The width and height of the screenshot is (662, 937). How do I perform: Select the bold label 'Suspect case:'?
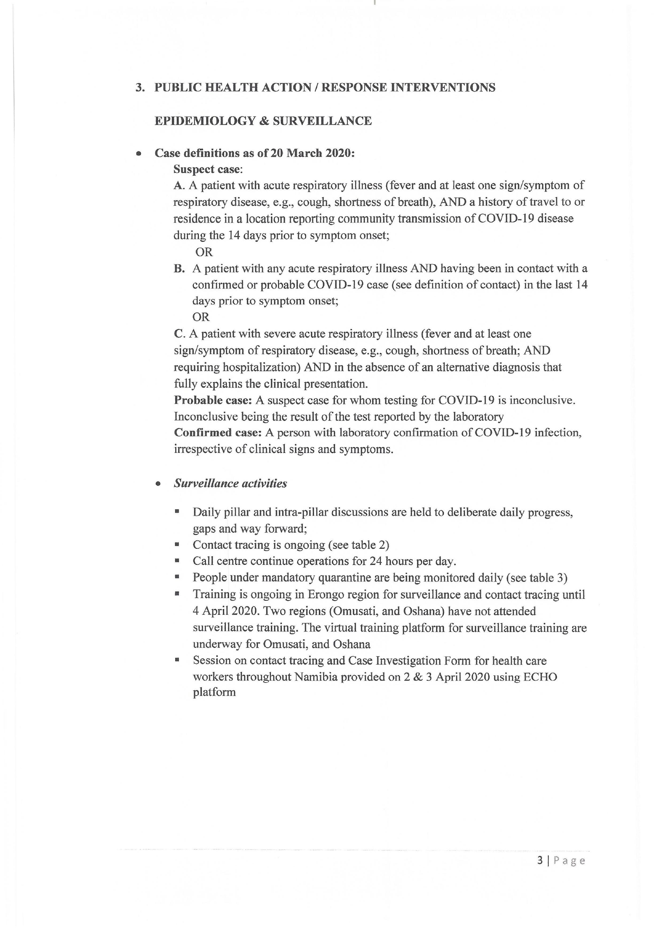pyautogui.click(x=208, y=169)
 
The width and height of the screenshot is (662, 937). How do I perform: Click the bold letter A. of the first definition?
pyautogui.click(x=179, y=186)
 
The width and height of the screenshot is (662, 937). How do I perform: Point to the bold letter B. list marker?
pyautogui.click(x=179, y=269)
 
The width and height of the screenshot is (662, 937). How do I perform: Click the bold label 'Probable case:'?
pyautogui.click(x=213, y=400)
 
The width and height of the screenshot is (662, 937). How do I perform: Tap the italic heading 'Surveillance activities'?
pyautogui.click(x=230, y=484)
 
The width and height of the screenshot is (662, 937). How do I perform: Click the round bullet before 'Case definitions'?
pyautogui.click(x=139, y=154)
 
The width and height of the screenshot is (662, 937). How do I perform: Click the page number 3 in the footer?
pyautogui.click(x=540, y=861)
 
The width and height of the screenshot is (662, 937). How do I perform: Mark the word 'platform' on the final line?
pyautogui.click(x=214, y=692)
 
